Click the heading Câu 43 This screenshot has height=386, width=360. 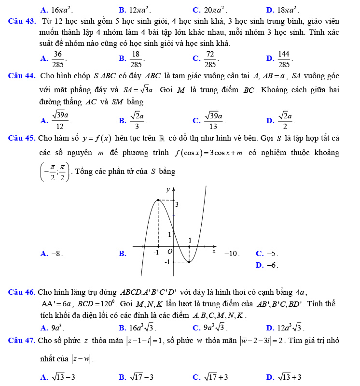[21, 21]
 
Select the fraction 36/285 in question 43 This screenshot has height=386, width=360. [58, 58]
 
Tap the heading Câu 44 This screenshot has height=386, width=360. [21, 76]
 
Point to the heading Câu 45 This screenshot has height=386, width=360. [21, 138]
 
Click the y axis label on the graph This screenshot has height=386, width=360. [168, 189]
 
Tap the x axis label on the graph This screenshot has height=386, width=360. [214, 251]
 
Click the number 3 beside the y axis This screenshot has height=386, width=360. [177, 205]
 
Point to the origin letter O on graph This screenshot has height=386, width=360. [169, 252]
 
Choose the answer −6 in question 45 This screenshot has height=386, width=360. [273, 265]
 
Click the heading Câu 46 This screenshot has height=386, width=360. [21, 292]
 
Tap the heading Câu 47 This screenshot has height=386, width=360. [21, 341]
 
